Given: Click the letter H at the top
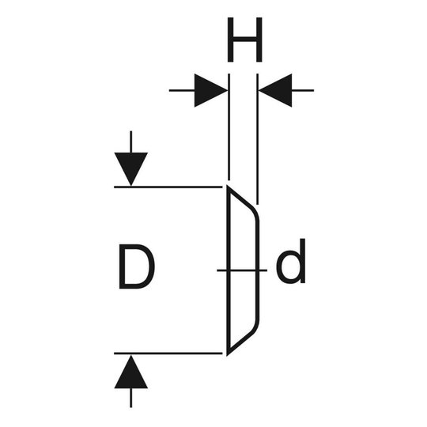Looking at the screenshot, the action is click(x=244, y=40).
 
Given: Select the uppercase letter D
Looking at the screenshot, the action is click(x=137, y=266).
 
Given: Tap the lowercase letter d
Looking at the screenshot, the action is click(x=291, y=261).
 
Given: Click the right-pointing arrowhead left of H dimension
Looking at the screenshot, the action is click(x=211, y=90).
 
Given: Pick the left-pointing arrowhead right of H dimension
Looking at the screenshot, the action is click(x=275, y=90).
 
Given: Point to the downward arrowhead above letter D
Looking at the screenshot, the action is click(x=131, y=169).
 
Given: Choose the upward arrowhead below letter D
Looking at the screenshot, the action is click(x=131, y=372).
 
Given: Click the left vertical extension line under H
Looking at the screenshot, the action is click(x=229, y=127).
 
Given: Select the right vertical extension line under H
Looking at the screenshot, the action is click(x=257, y=139).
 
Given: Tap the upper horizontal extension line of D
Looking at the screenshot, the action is click(x=168, y=187).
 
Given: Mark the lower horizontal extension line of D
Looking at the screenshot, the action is click(x=168, y=353).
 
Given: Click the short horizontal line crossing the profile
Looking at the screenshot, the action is click(x=242, y=270).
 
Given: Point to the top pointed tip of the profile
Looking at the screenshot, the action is click(x=228, y=186).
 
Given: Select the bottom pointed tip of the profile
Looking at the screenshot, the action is click(x=228, y=355).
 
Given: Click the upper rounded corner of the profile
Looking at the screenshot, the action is click(x=255, y=213).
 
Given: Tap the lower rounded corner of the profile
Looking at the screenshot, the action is click(x=255, y=327).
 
